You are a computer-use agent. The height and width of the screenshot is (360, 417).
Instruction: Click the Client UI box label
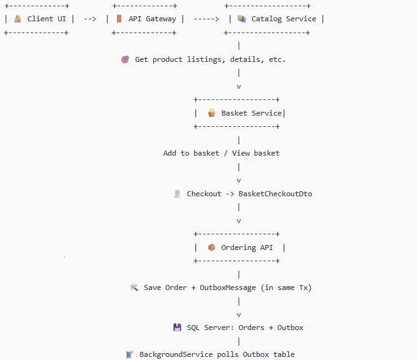point(46,19)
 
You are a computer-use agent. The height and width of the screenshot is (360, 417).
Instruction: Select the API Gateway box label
point(153,19)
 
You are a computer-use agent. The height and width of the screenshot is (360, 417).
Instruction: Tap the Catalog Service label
point(283,19)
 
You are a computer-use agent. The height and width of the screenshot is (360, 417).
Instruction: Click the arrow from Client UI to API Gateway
point(90,19)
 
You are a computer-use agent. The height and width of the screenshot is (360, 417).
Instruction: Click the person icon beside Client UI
point(18,19)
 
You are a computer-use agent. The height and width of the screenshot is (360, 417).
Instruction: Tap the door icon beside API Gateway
point(119,19)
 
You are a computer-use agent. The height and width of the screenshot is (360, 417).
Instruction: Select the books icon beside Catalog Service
point(241,19)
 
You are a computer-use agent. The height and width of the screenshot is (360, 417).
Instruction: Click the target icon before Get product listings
point(124,59)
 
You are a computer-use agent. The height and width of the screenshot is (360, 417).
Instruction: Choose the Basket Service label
point(251,113)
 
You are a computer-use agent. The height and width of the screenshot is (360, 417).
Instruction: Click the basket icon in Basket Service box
point(211,113)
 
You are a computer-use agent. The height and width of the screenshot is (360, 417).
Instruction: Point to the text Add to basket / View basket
point(221,153)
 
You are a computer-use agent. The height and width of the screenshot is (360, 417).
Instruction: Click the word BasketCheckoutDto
point(275,194)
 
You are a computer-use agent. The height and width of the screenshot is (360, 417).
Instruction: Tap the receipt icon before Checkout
point(177,194)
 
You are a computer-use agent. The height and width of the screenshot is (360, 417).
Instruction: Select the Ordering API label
point(247,247)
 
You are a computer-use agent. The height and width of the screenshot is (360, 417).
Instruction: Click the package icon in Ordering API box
point(211,247)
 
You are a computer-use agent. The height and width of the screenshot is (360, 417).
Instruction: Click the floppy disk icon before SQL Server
point(177,327)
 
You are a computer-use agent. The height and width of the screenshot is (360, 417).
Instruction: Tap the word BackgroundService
point(177,354)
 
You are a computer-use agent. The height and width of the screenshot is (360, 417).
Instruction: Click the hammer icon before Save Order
point(133,287)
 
